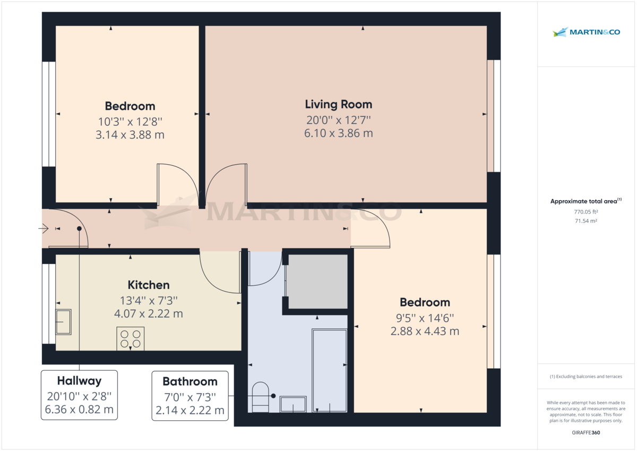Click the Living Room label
click(x=338, y=104)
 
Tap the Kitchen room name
click(x=149, y=285)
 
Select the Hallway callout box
click(x=79, y=395)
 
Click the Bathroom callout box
click(x=190, y=395)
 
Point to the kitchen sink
click(x=64, y=322)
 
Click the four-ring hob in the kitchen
click(x=131, y=339)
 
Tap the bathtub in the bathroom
click(x=329, y=370)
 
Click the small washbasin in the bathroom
click(x=292, y=404)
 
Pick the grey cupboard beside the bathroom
click(x=317, y=281)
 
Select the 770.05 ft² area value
click(x=586, y=211)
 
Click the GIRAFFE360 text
click(x=586, y=433)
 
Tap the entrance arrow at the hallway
click(x=44, y=228)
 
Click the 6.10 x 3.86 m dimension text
click(x=338, y=133)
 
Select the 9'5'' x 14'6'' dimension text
click(x=425, y=318)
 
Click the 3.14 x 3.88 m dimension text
click(x=130, y=135)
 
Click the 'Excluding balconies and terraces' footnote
click(x=586, y=377)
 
